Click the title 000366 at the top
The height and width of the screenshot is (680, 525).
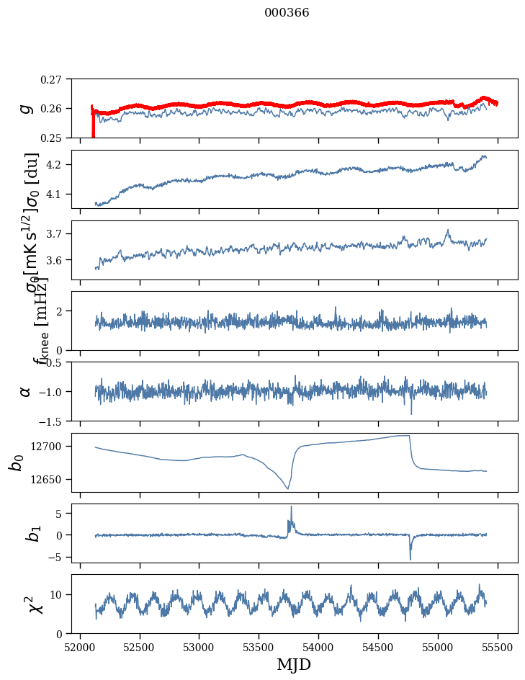pyautogui.click(x=287, y=13)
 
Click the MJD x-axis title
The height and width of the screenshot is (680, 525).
pyautogui.click(x=294, y=665)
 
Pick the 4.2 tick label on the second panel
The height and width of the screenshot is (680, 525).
pyautogui.click(x=55, y=165)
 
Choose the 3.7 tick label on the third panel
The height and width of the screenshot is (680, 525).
pyautogui.click(x=55, y=234)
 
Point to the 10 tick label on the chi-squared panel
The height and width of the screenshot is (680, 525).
pyautogui.click(x=55, y=594)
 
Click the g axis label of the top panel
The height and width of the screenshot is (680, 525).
pyautogui.click(x=27, y=108)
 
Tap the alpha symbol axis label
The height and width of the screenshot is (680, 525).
pyautogui.click(x=27, y=391)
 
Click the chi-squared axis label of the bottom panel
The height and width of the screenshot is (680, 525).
pyautogui.click(x=26, y=604)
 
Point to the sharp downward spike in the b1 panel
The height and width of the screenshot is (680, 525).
pyautogui.click(x=410, y=558)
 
